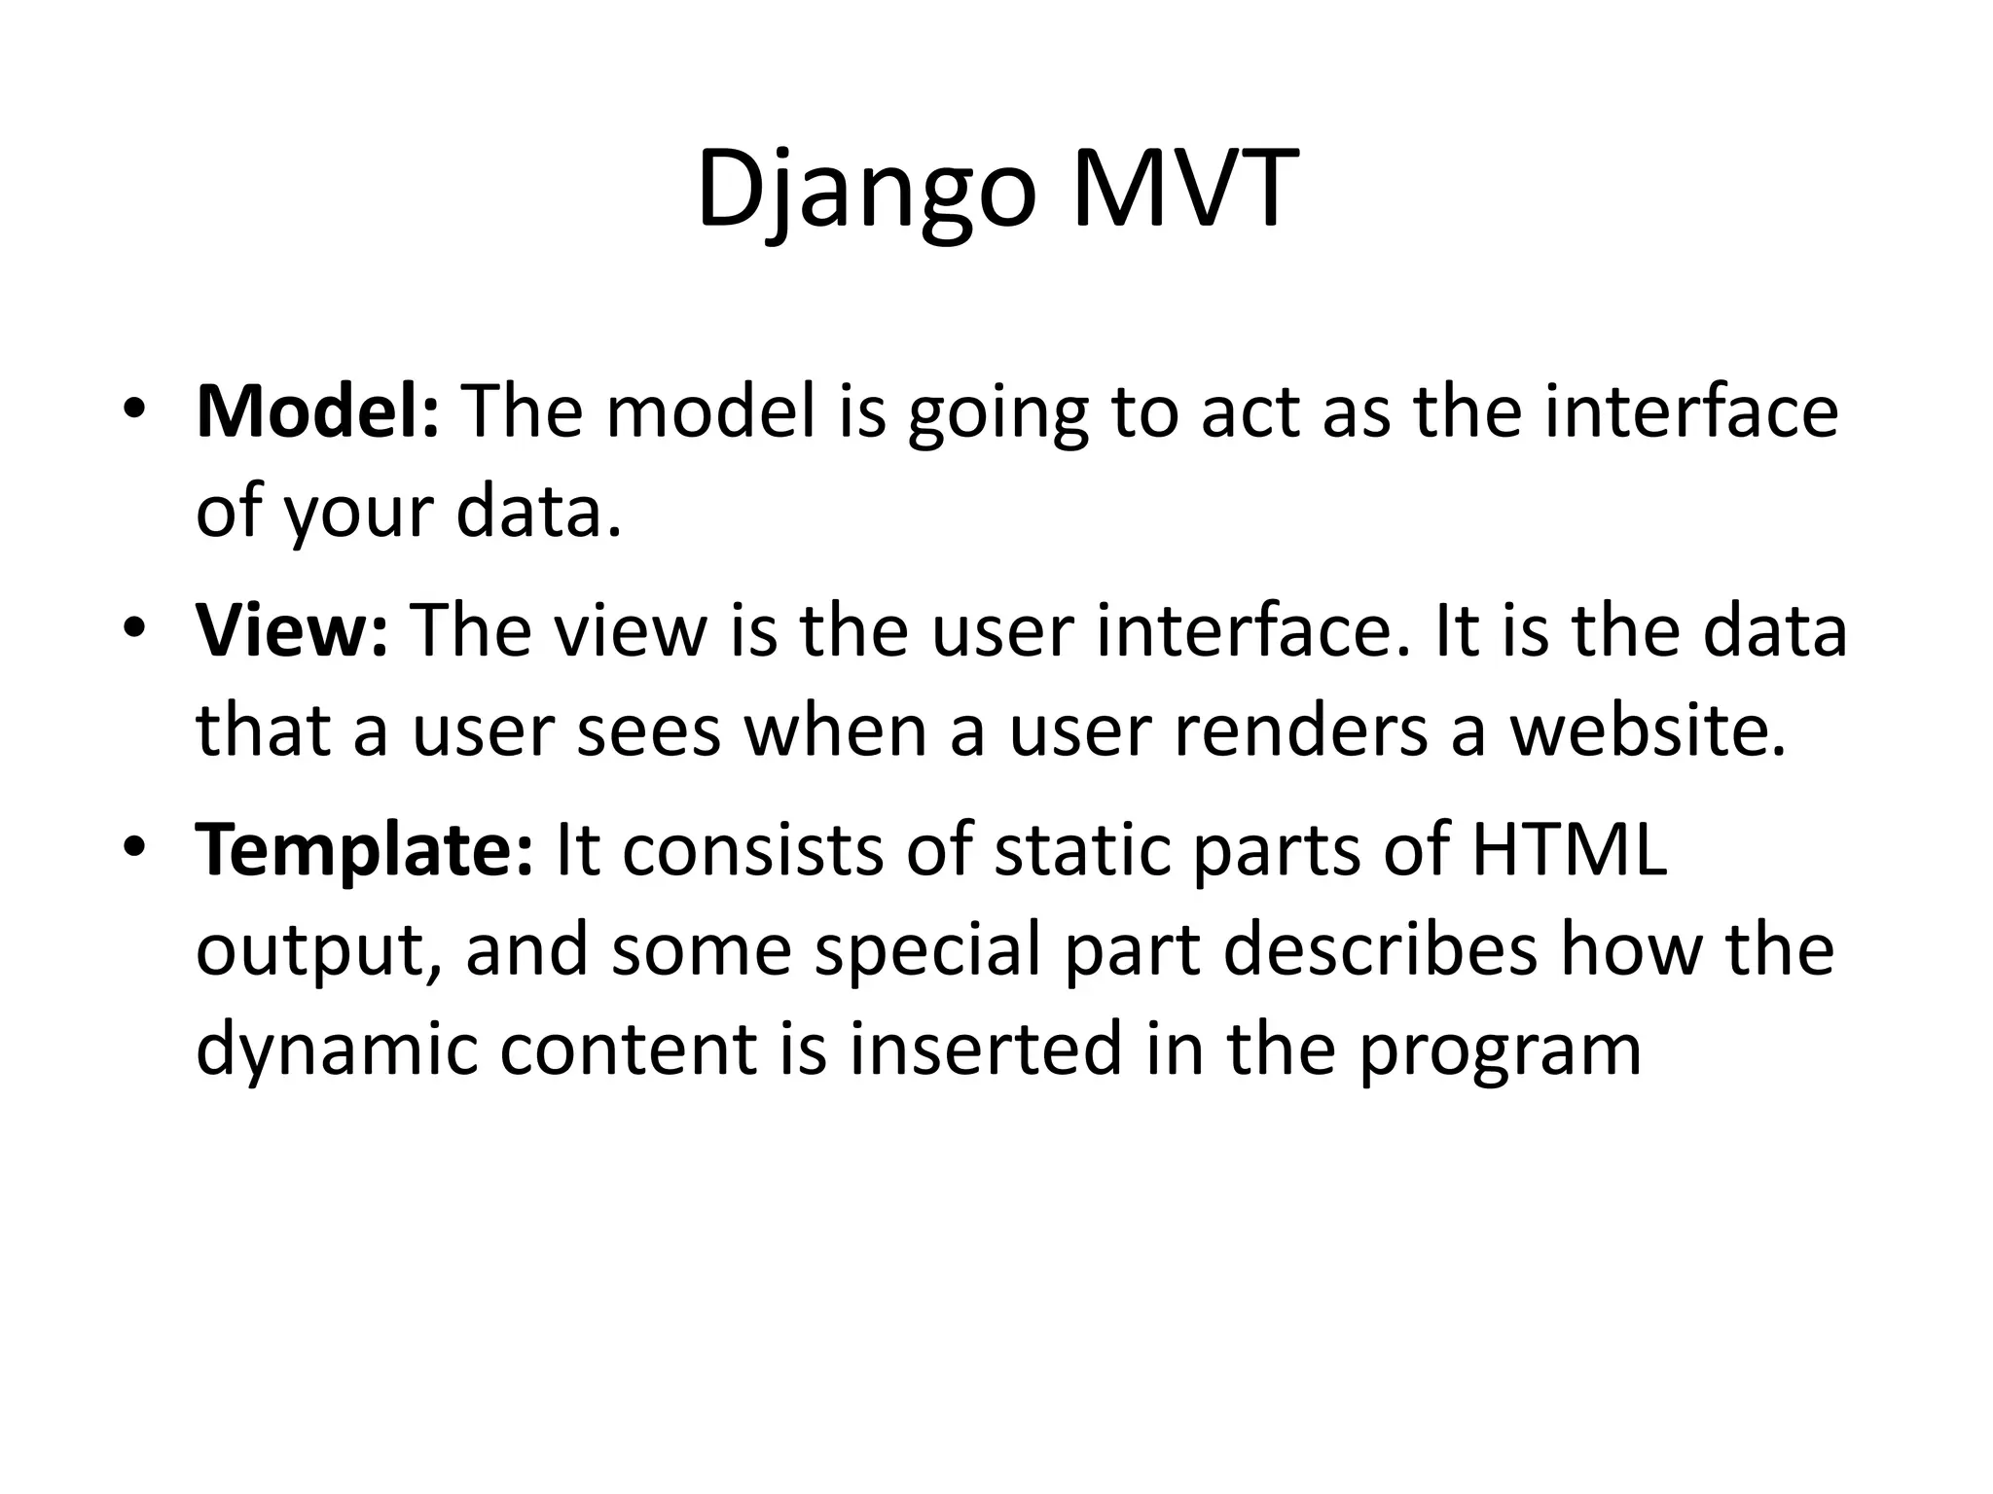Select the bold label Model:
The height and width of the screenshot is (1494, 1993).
click(x=317, y=411)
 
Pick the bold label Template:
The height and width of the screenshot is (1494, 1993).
click(x=364, y=850)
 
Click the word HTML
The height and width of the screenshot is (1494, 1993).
click(x=1568, y=850)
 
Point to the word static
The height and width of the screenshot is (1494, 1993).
click(x=1085, y=850)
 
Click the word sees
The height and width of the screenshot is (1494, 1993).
click(x=648, y=731)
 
